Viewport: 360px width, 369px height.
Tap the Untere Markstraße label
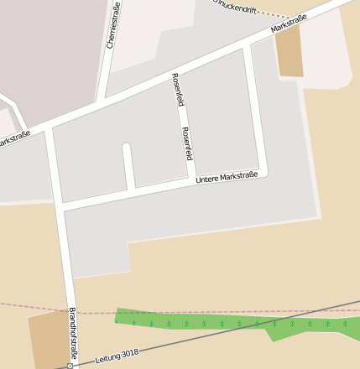[x=226, y=177]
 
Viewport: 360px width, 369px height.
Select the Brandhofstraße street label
[x=72, y=334]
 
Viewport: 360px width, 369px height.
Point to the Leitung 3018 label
[x=117, y=356]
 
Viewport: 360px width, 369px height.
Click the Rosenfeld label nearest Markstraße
[x=177, y=90]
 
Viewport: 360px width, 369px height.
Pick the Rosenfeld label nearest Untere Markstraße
[x=187, y=143]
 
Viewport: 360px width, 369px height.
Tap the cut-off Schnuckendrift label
[x=235, y=5]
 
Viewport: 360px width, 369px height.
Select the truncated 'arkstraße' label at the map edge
[x=14, y=138]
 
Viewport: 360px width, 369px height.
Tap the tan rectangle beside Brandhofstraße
[x=49, y=338]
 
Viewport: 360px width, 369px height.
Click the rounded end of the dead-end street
[x=127, y=148]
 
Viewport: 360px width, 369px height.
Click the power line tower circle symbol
[x=70, y=366]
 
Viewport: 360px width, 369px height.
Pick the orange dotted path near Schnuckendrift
[x=274, y=16]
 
